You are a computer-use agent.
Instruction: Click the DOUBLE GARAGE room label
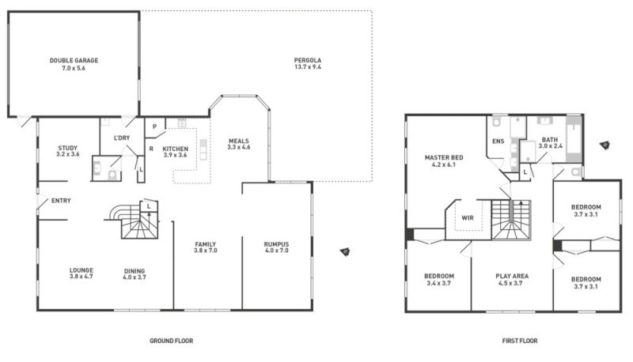coord(74,61)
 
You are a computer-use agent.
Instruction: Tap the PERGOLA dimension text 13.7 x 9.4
coord(308,67)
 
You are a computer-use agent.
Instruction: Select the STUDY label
coord(67,148)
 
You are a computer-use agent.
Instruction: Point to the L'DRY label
coord(122,138)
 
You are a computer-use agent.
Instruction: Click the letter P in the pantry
coord(154,126)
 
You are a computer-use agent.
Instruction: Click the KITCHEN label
coord(175,149)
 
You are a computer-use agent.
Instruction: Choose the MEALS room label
coord(239,141)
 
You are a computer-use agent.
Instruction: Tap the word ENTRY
coord(61,200)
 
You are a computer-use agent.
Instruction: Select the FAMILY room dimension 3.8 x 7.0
coord(206,251)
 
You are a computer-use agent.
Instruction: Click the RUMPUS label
coord(276,244)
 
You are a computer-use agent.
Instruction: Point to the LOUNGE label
coord(81,270)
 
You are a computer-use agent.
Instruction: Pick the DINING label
coord(135,271)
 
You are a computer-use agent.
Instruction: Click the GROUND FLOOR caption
coord(171,341)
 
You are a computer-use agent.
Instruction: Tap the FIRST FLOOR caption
coord(520,341)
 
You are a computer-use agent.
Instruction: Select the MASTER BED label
coord(444,157)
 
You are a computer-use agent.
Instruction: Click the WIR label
coord(468,217)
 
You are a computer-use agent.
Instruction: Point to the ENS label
coord(498,141)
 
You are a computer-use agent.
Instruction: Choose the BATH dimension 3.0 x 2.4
coord(550,146)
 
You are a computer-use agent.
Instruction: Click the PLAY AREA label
coord(512,276)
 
